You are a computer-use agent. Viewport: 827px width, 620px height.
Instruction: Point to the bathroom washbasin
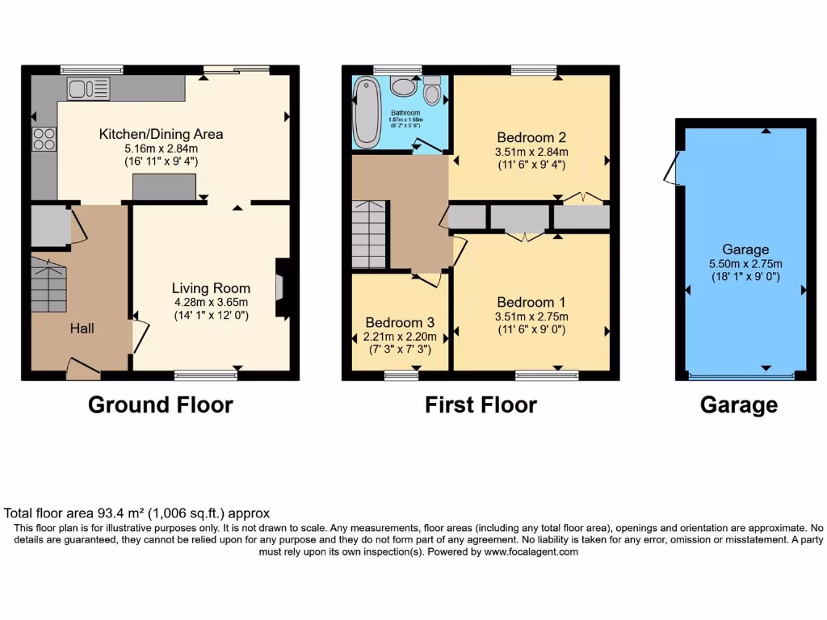401,86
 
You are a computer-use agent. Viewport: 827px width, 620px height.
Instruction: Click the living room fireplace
280,287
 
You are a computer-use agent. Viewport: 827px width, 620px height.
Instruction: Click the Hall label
82,328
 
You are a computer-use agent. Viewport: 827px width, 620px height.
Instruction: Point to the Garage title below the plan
738,405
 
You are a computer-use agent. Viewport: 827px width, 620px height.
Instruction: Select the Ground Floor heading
160,404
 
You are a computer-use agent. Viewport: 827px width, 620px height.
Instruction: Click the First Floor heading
481,404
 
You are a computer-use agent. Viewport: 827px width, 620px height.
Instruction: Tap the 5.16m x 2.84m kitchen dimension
161,149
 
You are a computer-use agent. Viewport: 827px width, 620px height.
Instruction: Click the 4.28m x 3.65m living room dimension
211,303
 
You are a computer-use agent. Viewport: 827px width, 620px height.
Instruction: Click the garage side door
670,168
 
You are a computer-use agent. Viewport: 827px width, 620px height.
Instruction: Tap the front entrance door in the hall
82,371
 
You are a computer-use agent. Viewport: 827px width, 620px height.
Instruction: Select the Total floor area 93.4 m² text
136,513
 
